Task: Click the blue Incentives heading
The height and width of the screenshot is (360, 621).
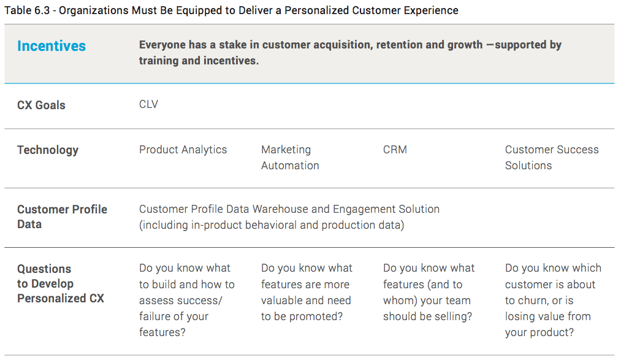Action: tap(51, 46)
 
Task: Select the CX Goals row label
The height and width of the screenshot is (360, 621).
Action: tap(41, 105)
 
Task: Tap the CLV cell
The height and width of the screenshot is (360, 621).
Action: tap(148, 104)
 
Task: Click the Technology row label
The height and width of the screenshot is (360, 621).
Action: tap(48, 150)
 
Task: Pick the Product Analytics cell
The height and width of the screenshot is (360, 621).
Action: tap(183, 150)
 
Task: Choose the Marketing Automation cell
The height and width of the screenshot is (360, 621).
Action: tap(290, 158)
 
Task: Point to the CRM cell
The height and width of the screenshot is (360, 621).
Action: tap(395, 150)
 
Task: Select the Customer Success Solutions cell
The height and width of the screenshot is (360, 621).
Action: tap(552, 158)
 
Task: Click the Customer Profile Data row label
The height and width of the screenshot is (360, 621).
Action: tap(62, 216)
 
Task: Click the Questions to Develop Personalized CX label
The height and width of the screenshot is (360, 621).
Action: tap(61, 283)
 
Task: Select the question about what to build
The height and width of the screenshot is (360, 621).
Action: tap(187, 300)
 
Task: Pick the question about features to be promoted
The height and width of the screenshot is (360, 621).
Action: tap(307, 293)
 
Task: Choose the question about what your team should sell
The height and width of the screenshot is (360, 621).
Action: tap(429, 293)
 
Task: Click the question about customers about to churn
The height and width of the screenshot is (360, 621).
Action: tap(554, 300)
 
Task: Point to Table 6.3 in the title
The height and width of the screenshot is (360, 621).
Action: tap(27, 10)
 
